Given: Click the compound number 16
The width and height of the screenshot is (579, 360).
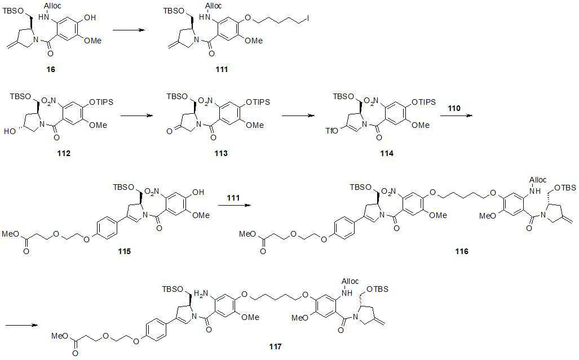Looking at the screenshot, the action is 51,69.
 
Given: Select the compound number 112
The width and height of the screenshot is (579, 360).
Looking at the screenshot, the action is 64,153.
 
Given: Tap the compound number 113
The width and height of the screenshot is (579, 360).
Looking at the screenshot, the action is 221,153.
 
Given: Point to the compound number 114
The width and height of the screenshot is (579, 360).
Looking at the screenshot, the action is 387,153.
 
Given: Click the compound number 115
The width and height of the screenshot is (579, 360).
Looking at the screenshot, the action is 124,251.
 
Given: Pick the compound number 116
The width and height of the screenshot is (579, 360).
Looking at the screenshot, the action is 462,251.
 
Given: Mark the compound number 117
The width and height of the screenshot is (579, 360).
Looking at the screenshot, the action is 275,346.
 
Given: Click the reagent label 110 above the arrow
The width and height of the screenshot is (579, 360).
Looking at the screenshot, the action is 454,108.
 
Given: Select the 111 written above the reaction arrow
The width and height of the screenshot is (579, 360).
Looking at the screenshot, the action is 233,198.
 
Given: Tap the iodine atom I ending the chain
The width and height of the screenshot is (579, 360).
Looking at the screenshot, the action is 308,17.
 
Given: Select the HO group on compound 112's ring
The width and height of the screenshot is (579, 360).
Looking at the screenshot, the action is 10,131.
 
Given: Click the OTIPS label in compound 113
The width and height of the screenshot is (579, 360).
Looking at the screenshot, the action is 258,102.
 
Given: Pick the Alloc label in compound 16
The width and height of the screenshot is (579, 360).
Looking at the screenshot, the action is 53,6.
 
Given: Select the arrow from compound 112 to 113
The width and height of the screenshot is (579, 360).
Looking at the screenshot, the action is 137,115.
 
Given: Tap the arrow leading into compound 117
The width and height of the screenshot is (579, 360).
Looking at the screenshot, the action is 21,325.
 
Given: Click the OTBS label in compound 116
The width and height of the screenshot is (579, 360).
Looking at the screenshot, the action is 565,188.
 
